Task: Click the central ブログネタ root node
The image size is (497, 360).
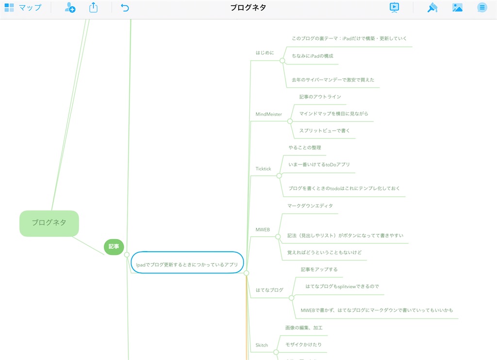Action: click(x=49, y=223)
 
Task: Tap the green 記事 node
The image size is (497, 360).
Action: click(x=114, y=247)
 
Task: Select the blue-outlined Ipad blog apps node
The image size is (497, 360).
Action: click(x=187, y=262)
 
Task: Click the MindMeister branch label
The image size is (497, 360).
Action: click(x=268, y=114)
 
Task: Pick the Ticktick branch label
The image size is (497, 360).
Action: click(x=263, y=169)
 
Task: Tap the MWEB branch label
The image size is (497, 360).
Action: click(x=263, y=230)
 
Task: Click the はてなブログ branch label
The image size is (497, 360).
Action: click(x=269, y=290)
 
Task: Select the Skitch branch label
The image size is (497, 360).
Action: click(x=262, y=345)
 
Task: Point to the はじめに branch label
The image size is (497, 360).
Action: click(x=265, y=52)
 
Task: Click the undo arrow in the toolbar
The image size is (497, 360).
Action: click(x=125, y=8)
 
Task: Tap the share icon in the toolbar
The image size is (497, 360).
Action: click(x=93, y=7)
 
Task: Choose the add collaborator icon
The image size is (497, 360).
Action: click(x=70, y=7)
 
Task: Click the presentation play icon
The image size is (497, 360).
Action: click(x=394, y=7)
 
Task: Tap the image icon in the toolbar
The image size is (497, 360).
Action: click(x=457, y=7)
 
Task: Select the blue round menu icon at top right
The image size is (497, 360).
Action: click(x=482, y=7)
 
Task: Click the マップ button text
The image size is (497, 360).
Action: click(x=30, y=7)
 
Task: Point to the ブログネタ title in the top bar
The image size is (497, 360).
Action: click(x=248, y=8)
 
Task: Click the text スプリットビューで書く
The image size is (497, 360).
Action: click(x=324, y=131)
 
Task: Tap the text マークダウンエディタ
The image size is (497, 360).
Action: click(x=310, y=206)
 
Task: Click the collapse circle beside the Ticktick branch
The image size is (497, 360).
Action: click(x=279, y=176)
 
